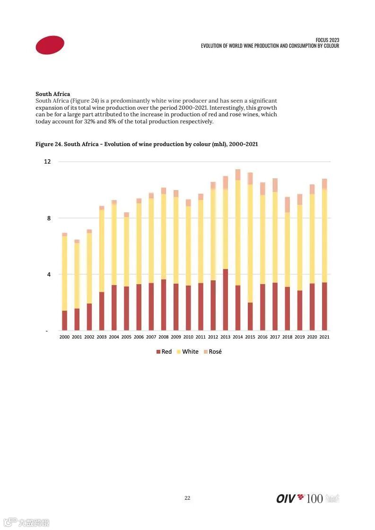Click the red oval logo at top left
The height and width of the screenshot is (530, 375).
[50, 45]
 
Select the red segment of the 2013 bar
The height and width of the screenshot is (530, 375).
[226, 300]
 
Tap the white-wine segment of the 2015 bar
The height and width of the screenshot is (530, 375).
[250, 243]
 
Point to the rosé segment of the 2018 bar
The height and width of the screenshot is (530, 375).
[287, 205]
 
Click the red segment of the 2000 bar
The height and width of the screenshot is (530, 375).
[65, 320]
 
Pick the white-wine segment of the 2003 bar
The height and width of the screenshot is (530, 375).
[102, 251]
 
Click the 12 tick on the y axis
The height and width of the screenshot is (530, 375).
[47, 162]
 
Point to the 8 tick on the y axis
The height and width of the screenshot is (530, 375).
[48, 218]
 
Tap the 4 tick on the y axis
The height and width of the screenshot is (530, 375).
[48, 274]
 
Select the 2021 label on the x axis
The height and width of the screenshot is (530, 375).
[324, 337]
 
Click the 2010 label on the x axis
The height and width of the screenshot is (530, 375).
[188, 337]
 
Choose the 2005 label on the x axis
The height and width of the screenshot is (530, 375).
[126, 337]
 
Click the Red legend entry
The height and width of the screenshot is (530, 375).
[164, 352]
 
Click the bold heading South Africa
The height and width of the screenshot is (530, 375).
[52, 94]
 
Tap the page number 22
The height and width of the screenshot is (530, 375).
[187, 498]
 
